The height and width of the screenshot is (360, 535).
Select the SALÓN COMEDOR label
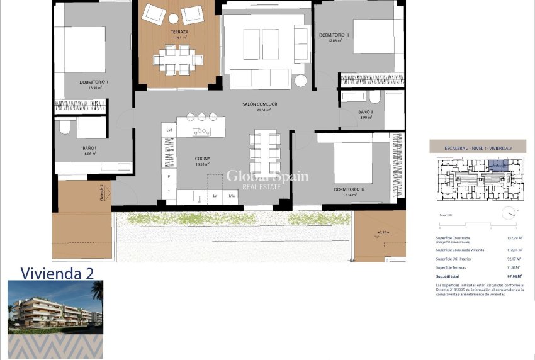(x=260, y=104)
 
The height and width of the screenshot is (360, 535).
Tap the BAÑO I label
(x=88, y=148)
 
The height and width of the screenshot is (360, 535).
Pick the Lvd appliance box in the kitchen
(x=169, y=130)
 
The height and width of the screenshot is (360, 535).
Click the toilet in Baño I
(x=64, y=128)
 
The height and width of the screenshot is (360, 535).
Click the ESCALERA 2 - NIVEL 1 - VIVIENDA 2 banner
(x=478, y=149)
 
